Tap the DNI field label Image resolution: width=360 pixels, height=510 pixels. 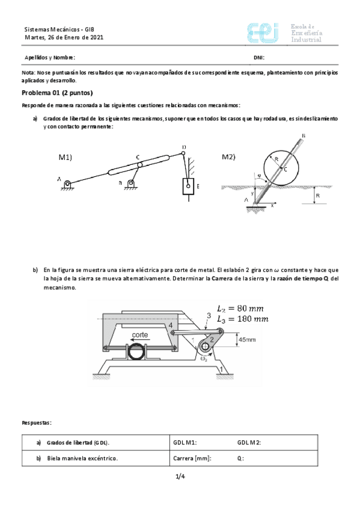(x=259, y=58)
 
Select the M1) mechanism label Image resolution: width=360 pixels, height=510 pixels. (x=66, y=157)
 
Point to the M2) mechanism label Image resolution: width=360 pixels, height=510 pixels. (x=228, y=157)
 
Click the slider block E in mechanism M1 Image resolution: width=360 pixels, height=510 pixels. (x=188, y=187)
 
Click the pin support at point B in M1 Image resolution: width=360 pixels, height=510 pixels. (x=129, y=184)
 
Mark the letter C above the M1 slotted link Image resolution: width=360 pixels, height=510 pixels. (x=138, y=155)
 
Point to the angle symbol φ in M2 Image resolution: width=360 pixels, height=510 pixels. (x=259, y=176)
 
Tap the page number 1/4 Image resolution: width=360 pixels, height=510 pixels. (x=180, y=477)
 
